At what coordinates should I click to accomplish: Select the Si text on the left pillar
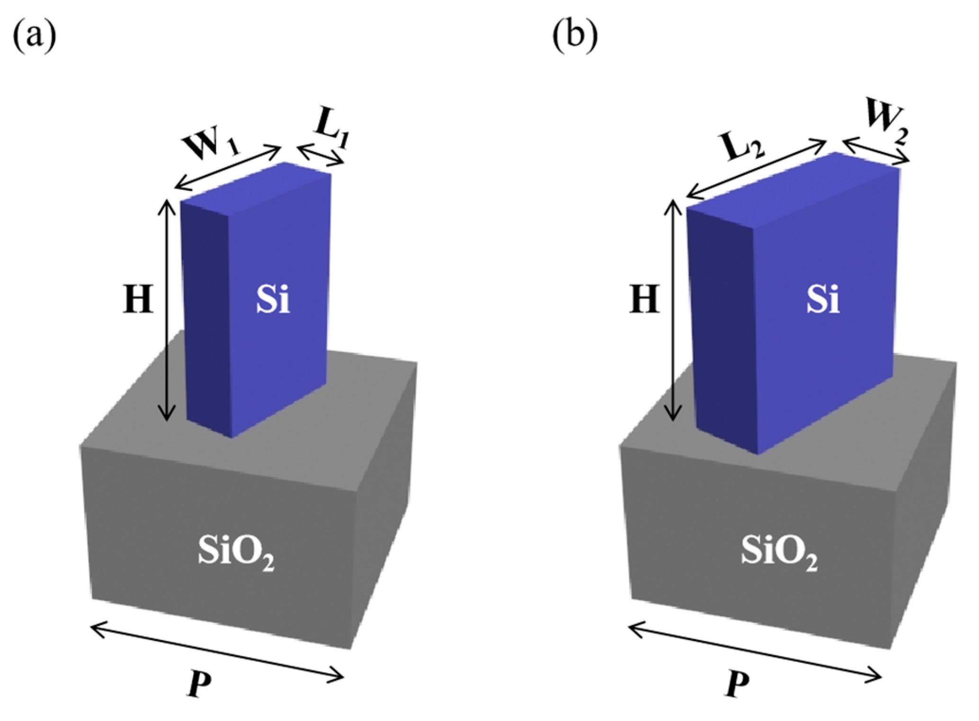point(273,300)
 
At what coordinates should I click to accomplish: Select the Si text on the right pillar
point(823,300)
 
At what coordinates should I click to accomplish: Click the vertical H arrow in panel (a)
point(166,310)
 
